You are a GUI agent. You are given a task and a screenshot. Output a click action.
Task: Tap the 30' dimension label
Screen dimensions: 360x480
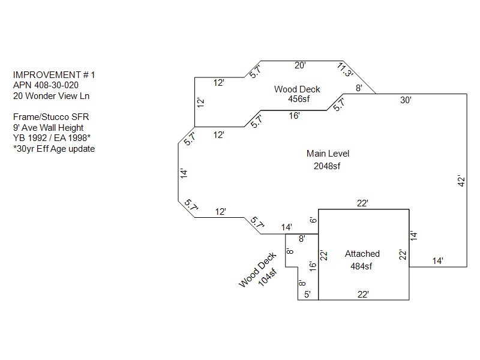coord(406,101)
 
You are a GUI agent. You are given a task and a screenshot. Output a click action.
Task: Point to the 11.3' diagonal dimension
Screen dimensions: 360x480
coord(346,70)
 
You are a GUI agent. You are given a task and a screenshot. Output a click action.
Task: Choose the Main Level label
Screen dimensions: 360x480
coord(328,154)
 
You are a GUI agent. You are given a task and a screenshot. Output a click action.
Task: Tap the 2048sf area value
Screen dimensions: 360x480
coord(327,166)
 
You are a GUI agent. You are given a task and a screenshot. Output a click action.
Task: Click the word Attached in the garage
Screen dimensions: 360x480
coord(362,254)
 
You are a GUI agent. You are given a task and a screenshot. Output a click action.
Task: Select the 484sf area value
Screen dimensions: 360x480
coord(362,266)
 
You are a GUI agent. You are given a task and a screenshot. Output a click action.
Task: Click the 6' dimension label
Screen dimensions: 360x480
coord(313,220)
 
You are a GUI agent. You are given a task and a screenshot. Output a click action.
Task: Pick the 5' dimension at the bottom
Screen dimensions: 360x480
coord(307,294)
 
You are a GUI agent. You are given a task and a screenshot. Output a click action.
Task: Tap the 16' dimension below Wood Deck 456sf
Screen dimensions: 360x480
coord(294,116)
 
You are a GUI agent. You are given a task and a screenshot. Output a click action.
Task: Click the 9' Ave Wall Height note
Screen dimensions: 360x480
coord(48,127)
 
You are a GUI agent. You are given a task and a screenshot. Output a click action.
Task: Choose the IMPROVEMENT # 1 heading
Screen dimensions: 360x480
coord(54,74)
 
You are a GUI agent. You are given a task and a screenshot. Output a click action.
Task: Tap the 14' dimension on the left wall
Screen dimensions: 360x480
coord(184,173)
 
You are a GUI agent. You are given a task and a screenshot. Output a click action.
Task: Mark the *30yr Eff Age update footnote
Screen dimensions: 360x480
coord(54,149)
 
